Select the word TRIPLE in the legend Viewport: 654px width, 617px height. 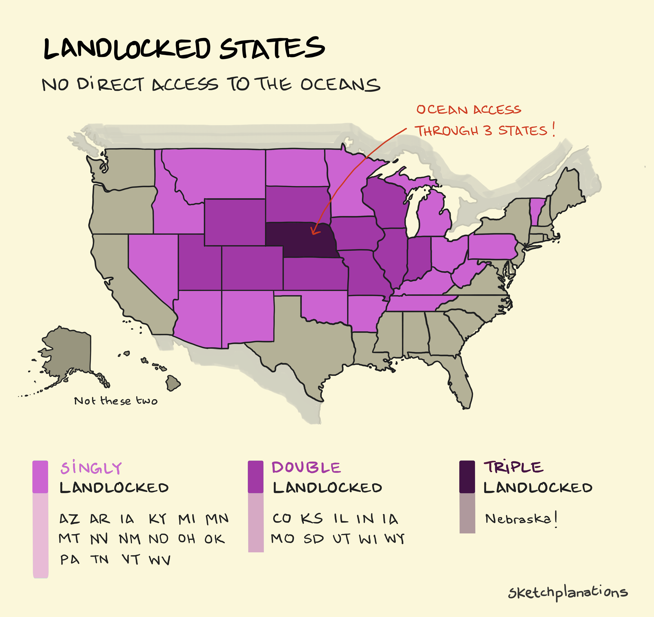click(513, 467)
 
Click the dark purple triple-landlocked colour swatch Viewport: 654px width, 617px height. click(467, 477)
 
